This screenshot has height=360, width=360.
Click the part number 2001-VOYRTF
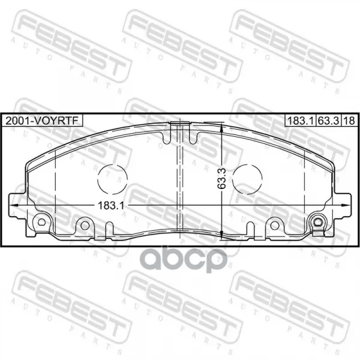pyautogui.click(x=42, y=121)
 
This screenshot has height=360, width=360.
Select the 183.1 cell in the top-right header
pyautogui.click(x=301, y=121)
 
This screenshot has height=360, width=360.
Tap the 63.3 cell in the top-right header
pyautogui.click(x=329, y=121)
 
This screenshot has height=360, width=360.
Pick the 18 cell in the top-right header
pyautogui.click(x=349, y=121)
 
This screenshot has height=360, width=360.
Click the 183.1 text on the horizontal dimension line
pyautogui.click(x=111, y=205)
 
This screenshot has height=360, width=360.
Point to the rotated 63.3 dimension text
pyautogui.click(x=222, y=178)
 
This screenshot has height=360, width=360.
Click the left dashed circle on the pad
pyautogui.click(x=112, y=179)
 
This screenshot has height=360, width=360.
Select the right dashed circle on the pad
pyautogui.click(x=247, y=179)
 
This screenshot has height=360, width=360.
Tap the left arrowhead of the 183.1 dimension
pyautogui.click(x=13, y=205)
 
